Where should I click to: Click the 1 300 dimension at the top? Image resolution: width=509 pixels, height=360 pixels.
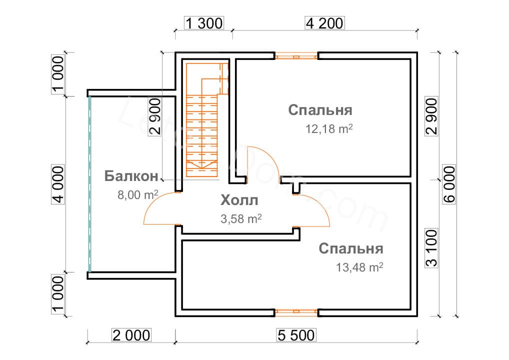[204, 23]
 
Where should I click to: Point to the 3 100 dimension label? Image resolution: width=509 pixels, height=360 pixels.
[431, 248]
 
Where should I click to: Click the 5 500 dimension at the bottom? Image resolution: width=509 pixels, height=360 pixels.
[295, 335]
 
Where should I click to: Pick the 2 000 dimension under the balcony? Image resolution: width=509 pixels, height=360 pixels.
[131, 335]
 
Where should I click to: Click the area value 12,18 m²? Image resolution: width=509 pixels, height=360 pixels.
[329, 129]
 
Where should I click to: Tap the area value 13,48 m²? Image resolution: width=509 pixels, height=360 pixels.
[360, 267]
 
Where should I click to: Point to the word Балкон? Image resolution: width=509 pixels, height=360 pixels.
[131, 176]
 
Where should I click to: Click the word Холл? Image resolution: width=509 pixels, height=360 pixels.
[239, 201]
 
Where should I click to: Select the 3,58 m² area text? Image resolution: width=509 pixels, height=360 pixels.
[241, 219]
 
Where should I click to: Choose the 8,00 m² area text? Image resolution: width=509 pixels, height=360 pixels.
[138, 194]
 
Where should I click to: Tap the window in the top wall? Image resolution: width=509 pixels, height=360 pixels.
[296, 56]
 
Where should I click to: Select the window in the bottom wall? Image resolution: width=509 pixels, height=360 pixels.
[296, 313]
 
